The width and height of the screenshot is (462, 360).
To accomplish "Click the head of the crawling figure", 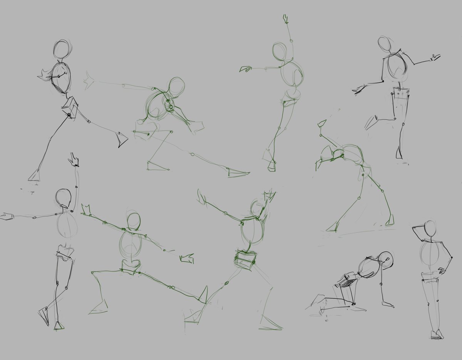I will [x=385, y=260].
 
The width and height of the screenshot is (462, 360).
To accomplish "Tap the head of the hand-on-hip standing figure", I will [x=430, y=231].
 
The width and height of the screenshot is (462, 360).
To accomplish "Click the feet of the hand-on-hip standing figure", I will [x=437, y=334].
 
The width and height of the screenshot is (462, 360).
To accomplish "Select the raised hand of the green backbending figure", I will [x=321, y=124].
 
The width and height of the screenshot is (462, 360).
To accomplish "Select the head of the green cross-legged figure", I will [x=280, y=51].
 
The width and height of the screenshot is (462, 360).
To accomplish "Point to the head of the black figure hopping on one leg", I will [x=384, y=45].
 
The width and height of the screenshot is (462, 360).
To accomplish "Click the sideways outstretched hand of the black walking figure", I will [x=7, y=216].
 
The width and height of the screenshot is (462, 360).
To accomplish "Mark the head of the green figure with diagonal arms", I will [x=134, y=221].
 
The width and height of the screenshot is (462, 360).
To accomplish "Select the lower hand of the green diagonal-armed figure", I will [x=187, y=258].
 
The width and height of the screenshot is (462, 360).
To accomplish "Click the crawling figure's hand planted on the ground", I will [x=387, y=305].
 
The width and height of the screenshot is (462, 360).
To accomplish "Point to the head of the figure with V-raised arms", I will [x=256, y=208].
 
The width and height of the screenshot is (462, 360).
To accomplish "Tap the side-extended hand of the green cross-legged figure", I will [x=245, y=69].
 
